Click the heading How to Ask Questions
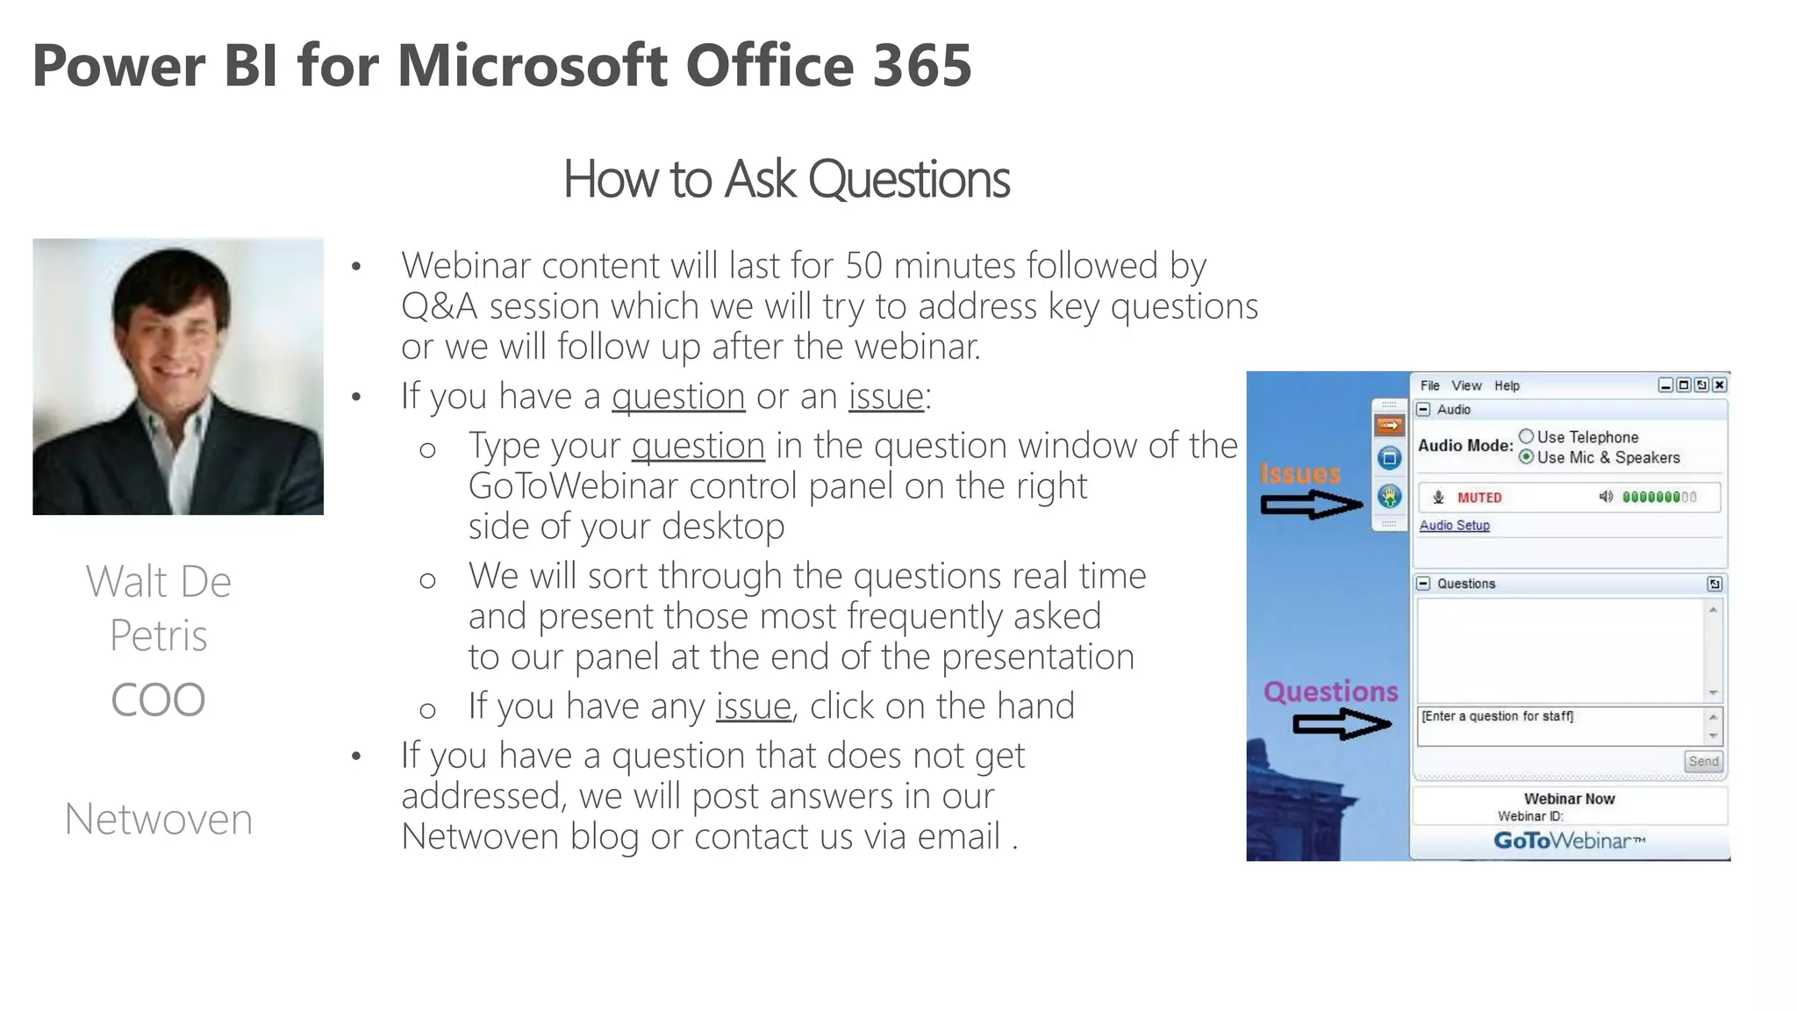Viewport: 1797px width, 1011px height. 786,179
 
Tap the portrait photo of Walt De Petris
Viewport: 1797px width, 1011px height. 178,376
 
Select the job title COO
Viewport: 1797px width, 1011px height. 158,699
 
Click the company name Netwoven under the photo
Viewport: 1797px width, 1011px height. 159,819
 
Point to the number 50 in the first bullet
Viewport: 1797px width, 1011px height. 864,265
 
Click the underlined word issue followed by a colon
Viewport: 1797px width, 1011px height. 885,396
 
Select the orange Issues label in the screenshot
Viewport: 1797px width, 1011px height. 1300,474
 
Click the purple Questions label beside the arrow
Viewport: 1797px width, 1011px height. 1330,692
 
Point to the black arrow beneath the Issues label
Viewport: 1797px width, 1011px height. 1311,505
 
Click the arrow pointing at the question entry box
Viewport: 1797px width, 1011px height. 1342,724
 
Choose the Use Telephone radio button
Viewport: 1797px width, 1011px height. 1527,436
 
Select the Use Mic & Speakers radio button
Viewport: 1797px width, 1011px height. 1527,456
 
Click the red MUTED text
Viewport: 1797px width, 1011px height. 1479,498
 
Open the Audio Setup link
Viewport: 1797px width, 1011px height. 1454,525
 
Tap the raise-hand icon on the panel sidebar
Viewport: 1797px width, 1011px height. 1389,497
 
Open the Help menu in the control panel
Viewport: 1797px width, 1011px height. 1507,385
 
